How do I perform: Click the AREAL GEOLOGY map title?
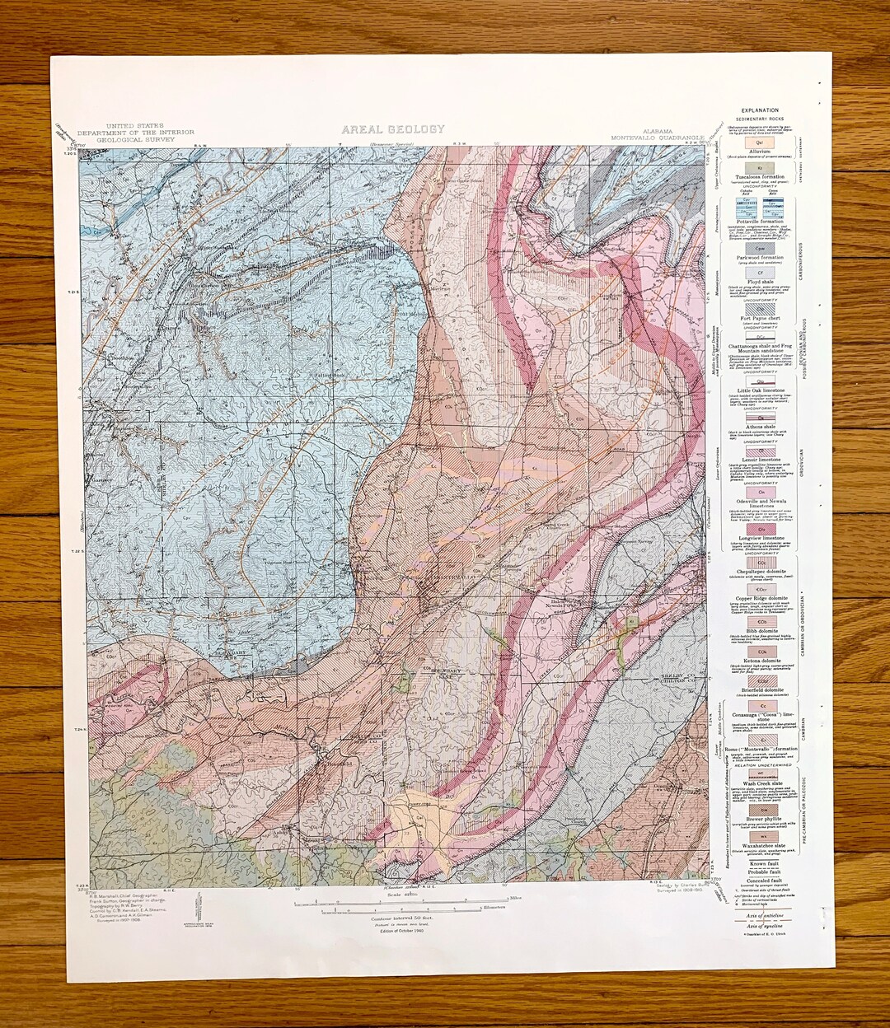click(x=393, y=129)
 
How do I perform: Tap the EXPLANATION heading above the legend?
click(x=759, y=110)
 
